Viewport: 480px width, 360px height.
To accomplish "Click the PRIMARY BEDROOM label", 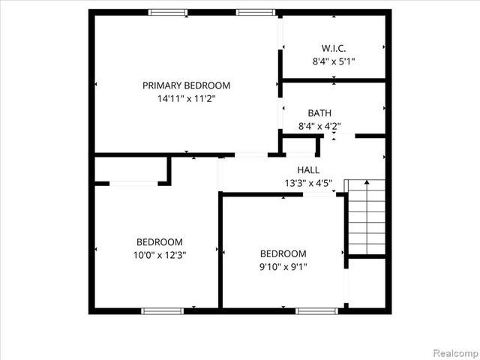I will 186,85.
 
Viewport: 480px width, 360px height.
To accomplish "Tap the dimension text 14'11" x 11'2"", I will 186,98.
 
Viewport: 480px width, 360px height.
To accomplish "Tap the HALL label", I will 308,169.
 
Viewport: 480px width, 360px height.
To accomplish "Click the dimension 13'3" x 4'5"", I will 308,182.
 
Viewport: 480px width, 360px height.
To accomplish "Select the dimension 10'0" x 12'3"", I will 159,255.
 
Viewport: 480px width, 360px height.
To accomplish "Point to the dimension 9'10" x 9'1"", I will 283,266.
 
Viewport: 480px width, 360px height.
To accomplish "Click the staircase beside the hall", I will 364,217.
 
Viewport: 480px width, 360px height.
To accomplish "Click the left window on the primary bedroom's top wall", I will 168,12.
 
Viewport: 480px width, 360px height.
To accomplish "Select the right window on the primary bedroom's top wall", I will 256,12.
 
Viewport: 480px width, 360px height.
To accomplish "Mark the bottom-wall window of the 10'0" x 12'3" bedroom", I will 163,310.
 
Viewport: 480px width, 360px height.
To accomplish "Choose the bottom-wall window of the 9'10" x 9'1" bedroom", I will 317,310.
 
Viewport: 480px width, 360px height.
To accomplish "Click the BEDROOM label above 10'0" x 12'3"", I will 159,242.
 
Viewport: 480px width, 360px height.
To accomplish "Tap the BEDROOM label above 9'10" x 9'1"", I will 283,253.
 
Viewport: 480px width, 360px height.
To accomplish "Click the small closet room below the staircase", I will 366,283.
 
